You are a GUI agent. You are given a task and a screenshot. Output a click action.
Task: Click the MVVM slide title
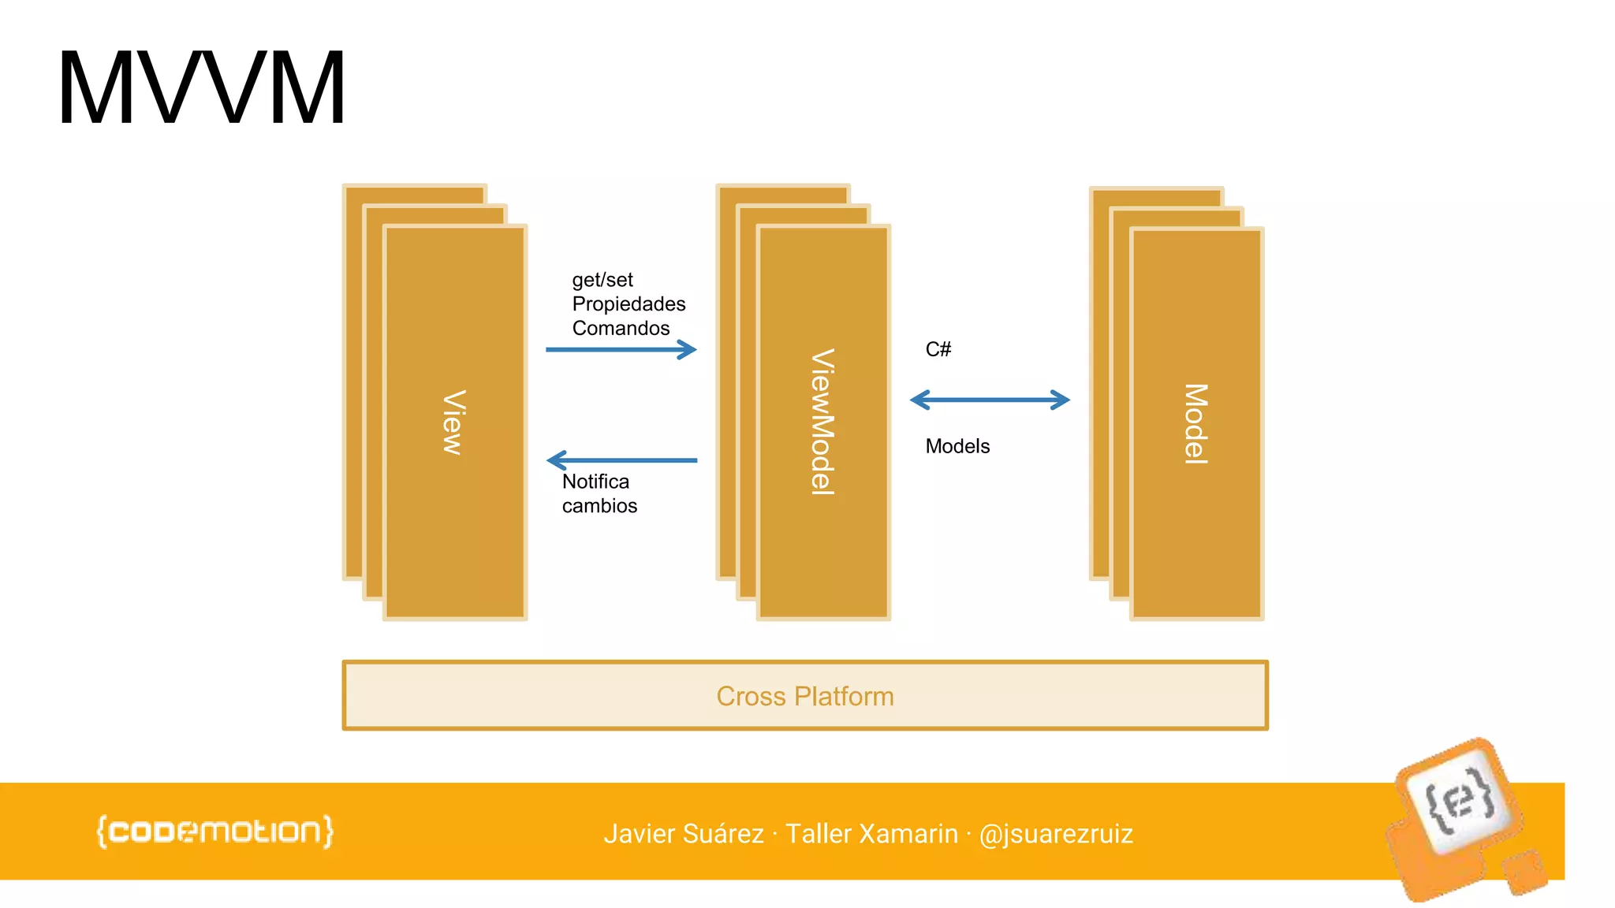[201, 88]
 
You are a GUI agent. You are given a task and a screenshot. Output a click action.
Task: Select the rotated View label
[453, 422]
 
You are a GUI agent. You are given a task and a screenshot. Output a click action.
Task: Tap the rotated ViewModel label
[822, 422]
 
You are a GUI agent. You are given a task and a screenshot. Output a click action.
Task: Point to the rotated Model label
[1195, 423]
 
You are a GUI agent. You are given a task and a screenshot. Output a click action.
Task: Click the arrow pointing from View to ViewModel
[621, 349]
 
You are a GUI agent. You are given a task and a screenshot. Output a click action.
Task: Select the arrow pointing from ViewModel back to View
[621, 460]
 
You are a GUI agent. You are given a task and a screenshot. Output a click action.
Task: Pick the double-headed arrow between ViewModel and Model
[990, 400]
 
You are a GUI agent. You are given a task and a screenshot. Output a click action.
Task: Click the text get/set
[602, 280]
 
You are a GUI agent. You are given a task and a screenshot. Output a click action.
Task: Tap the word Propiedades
[628, 304]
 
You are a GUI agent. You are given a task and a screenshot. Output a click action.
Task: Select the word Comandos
[621, 328]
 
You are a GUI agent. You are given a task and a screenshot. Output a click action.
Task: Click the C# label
[938, 349]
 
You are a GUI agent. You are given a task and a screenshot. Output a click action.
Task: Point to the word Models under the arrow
[957, 446]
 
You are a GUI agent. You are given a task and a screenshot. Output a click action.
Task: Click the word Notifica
[595, 482]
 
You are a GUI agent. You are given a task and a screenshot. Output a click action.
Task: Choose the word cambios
[599, 506]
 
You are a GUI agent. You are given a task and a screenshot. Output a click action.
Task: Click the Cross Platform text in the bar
[804, 696]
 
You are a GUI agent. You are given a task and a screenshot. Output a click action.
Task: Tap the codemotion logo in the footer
[214, 832]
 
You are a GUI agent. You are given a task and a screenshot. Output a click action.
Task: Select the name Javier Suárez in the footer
[684, 834]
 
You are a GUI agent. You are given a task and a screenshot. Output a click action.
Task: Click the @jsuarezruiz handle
[1056, 834]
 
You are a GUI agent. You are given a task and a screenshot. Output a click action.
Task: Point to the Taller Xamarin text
[871, 834]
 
